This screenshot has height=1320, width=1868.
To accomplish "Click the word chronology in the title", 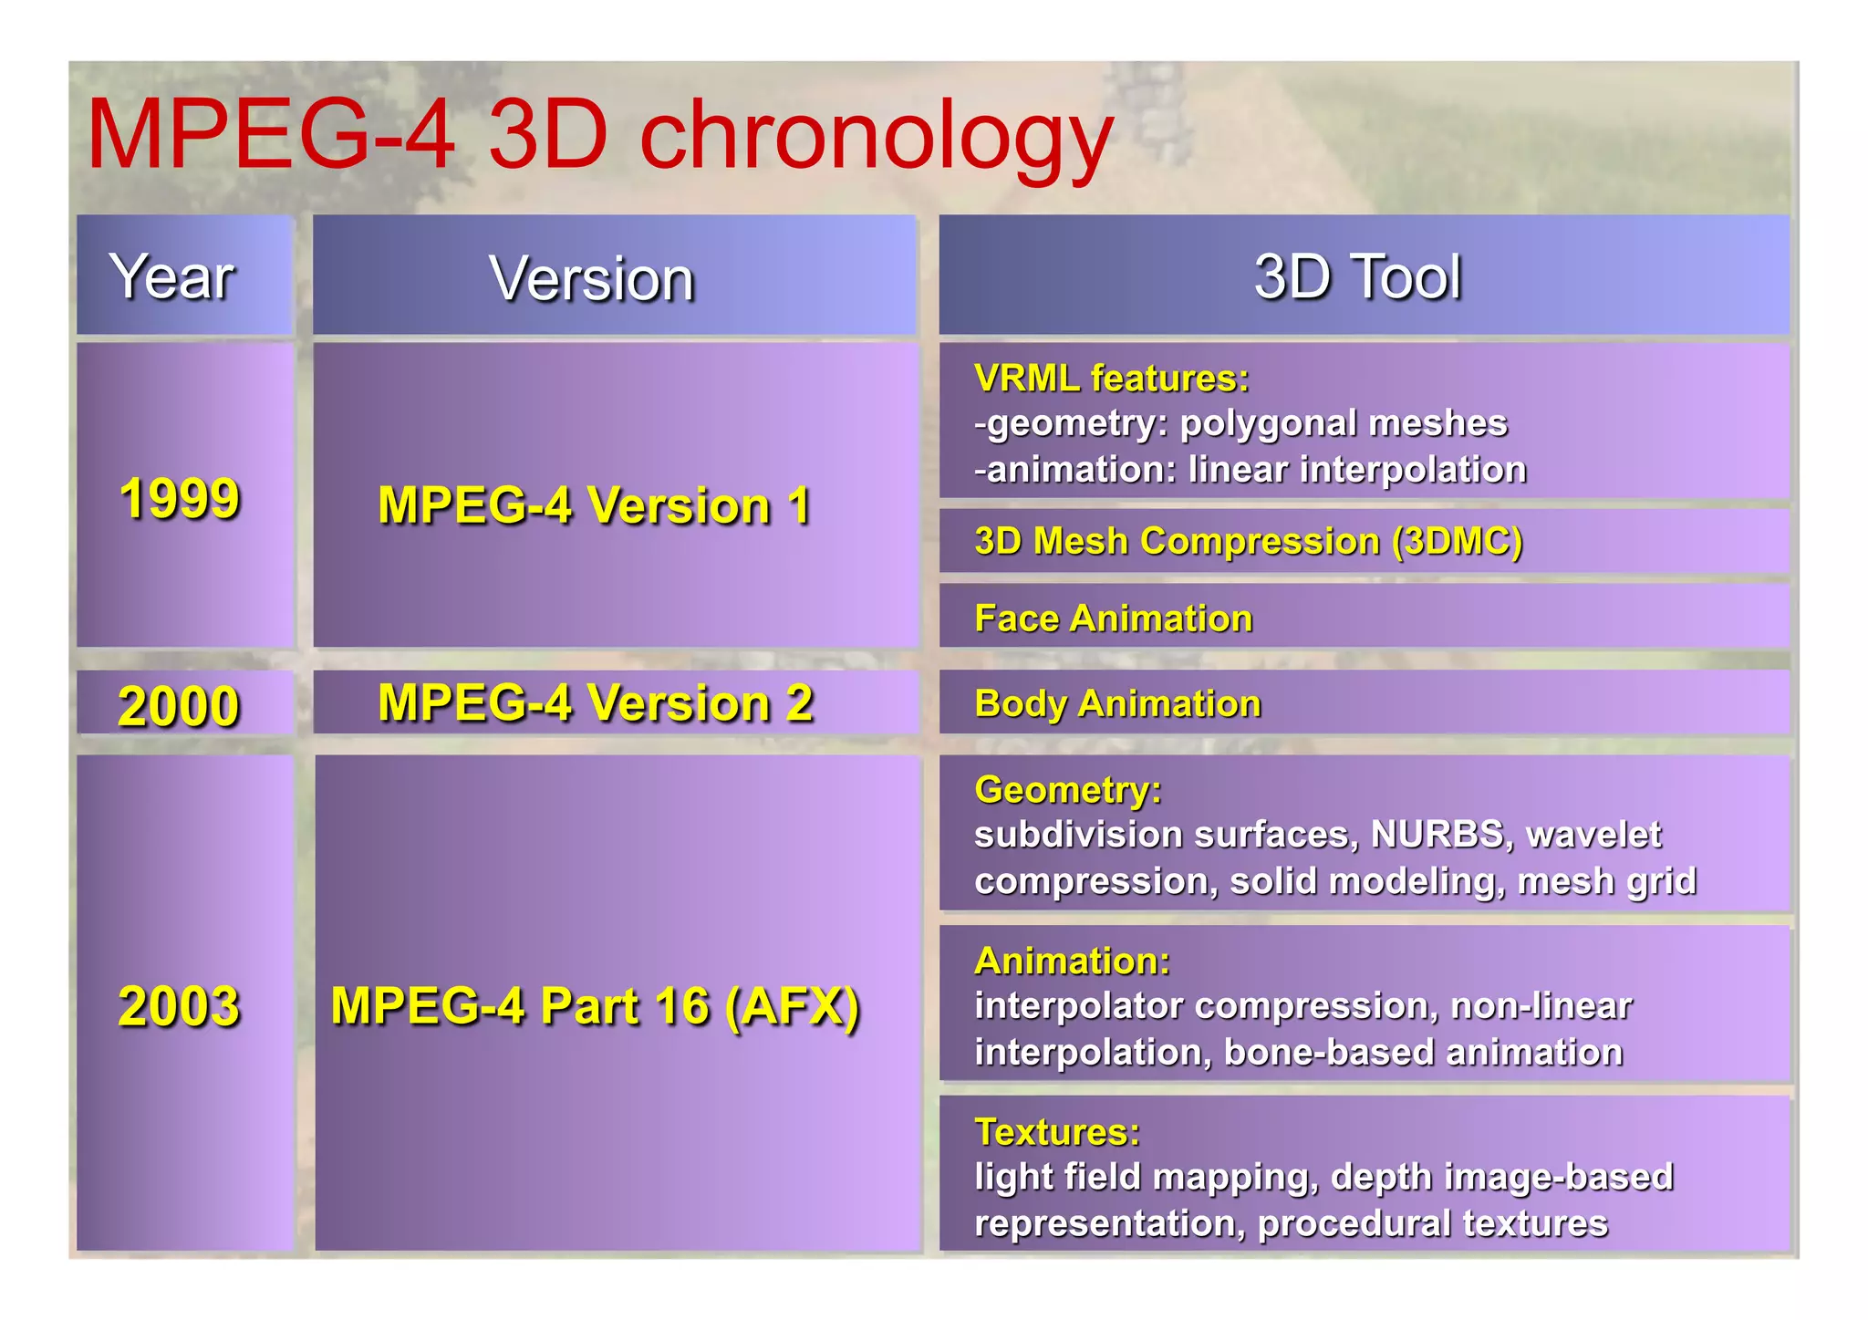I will coord(876,137).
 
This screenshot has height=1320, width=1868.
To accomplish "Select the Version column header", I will coord(592,278).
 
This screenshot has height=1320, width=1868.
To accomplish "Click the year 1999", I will coord(180,499).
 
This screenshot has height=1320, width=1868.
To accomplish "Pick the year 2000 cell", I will coord(179,706).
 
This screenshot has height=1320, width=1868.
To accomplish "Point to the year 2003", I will coord(179,1006).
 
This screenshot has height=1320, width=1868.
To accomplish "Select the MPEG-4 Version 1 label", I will coord(595,505).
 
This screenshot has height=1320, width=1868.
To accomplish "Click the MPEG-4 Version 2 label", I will coord(595,703).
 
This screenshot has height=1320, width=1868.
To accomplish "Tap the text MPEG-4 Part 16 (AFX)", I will coord(595,1006).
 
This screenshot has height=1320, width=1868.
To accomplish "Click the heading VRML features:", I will coord(1111,379).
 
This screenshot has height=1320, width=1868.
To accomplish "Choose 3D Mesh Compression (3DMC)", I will coord(1248,541).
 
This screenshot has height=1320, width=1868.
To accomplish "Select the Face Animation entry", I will coord(1113,618).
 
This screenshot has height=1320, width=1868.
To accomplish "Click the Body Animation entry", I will coord(1117,703).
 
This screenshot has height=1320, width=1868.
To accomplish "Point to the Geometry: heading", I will coord(1067,789).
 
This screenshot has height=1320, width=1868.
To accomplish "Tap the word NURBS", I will coord(1437,834).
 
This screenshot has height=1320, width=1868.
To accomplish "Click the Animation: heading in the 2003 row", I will coord(1072,961).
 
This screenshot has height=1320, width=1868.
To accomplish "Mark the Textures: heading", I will coord(1057,1131).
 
